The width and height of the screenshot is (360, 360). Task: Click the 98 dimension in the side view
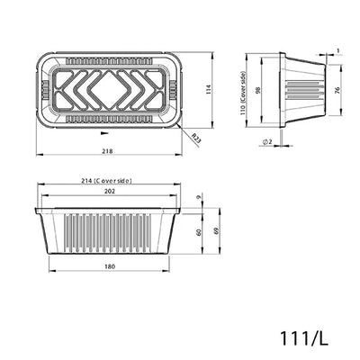(258, 92)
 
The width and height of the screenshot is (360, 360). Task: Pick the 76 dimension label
(336, 90)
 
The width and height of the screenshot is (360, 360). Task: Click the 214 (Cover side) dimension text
(106, 181)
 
